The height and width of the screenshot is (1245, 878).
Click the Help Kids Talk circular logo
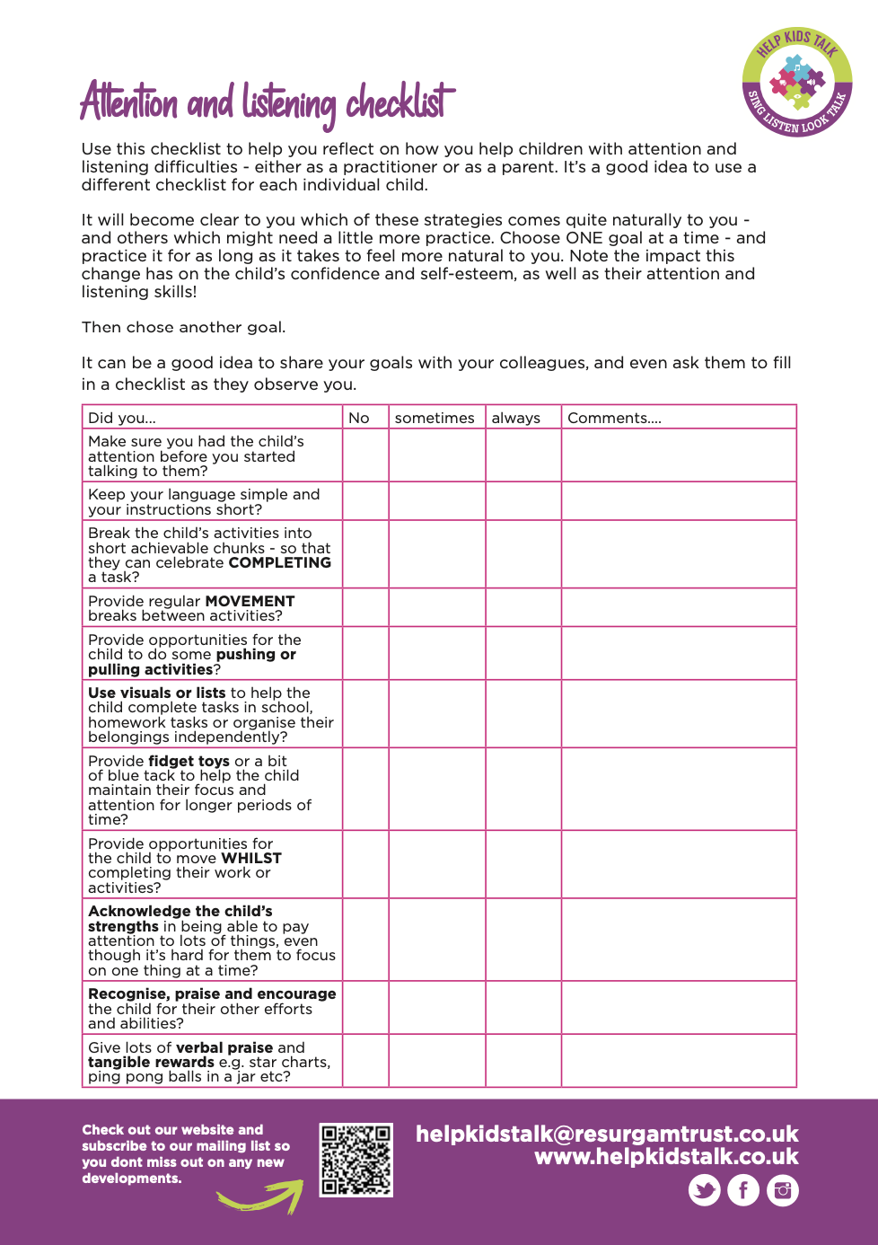[796, 82]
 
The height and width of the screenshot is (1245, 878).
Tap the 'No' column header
[359, 418]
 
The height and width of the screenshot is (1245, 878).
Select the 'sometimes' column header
[435, 418]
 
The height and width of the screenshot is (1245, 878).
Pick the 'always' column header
[516, 418]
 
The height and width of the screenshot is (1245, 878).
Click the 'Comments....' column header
[614, 418]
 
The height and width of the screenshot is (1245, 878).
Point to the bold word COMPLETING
[279, 562]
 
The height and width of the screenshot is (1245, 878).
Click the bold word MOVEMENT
[250, 601]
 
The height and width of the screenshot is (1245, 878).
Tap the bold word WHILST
[250, 858]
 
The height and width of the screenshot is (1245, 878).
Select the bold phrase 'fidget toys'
[189, 761]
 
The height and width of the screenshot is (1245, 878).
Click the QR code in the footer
[356, 1160]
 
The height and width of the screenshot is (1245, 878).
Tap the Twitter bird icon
[705, 1190]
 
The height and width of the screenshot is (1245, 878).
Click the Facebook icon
[743, 1190]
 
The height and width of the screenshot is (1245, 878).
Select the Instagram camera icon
[783, 1190]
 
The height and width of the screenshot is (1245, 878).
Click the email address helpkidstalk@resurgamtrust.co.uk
[607, 1134]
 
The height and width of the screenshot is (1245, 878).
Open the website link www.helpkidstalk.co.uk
[666, 1157]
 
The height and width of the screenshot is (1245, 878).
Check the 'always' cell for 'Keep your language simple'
[523, 501]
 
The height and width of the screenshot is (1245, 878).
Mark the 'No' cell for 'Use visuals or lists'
[365, 714]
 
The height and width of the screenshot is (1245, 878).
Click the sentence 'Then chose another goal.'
[183, 327]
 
